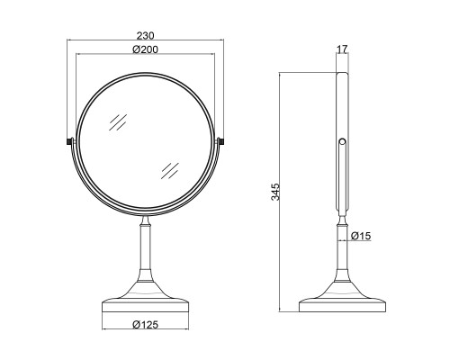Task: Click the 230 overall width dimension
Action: [x=146, y=36]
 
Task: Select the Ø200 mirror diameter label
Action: [x=145, y=49]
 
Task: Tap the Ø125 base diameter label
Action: [x=146, y=324]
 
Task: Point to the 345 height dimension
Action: [x=275, y=192]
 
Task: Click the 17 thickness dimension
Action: [x=342, y=49]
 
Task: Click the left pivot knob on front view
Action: [x=70, y=141]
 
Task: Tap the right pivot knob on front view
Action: [x=221, y=141]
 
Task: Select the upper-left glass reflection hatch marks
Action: [x=118, y=122]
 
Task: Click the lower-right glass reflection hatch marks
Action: [x=170, y=171]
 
